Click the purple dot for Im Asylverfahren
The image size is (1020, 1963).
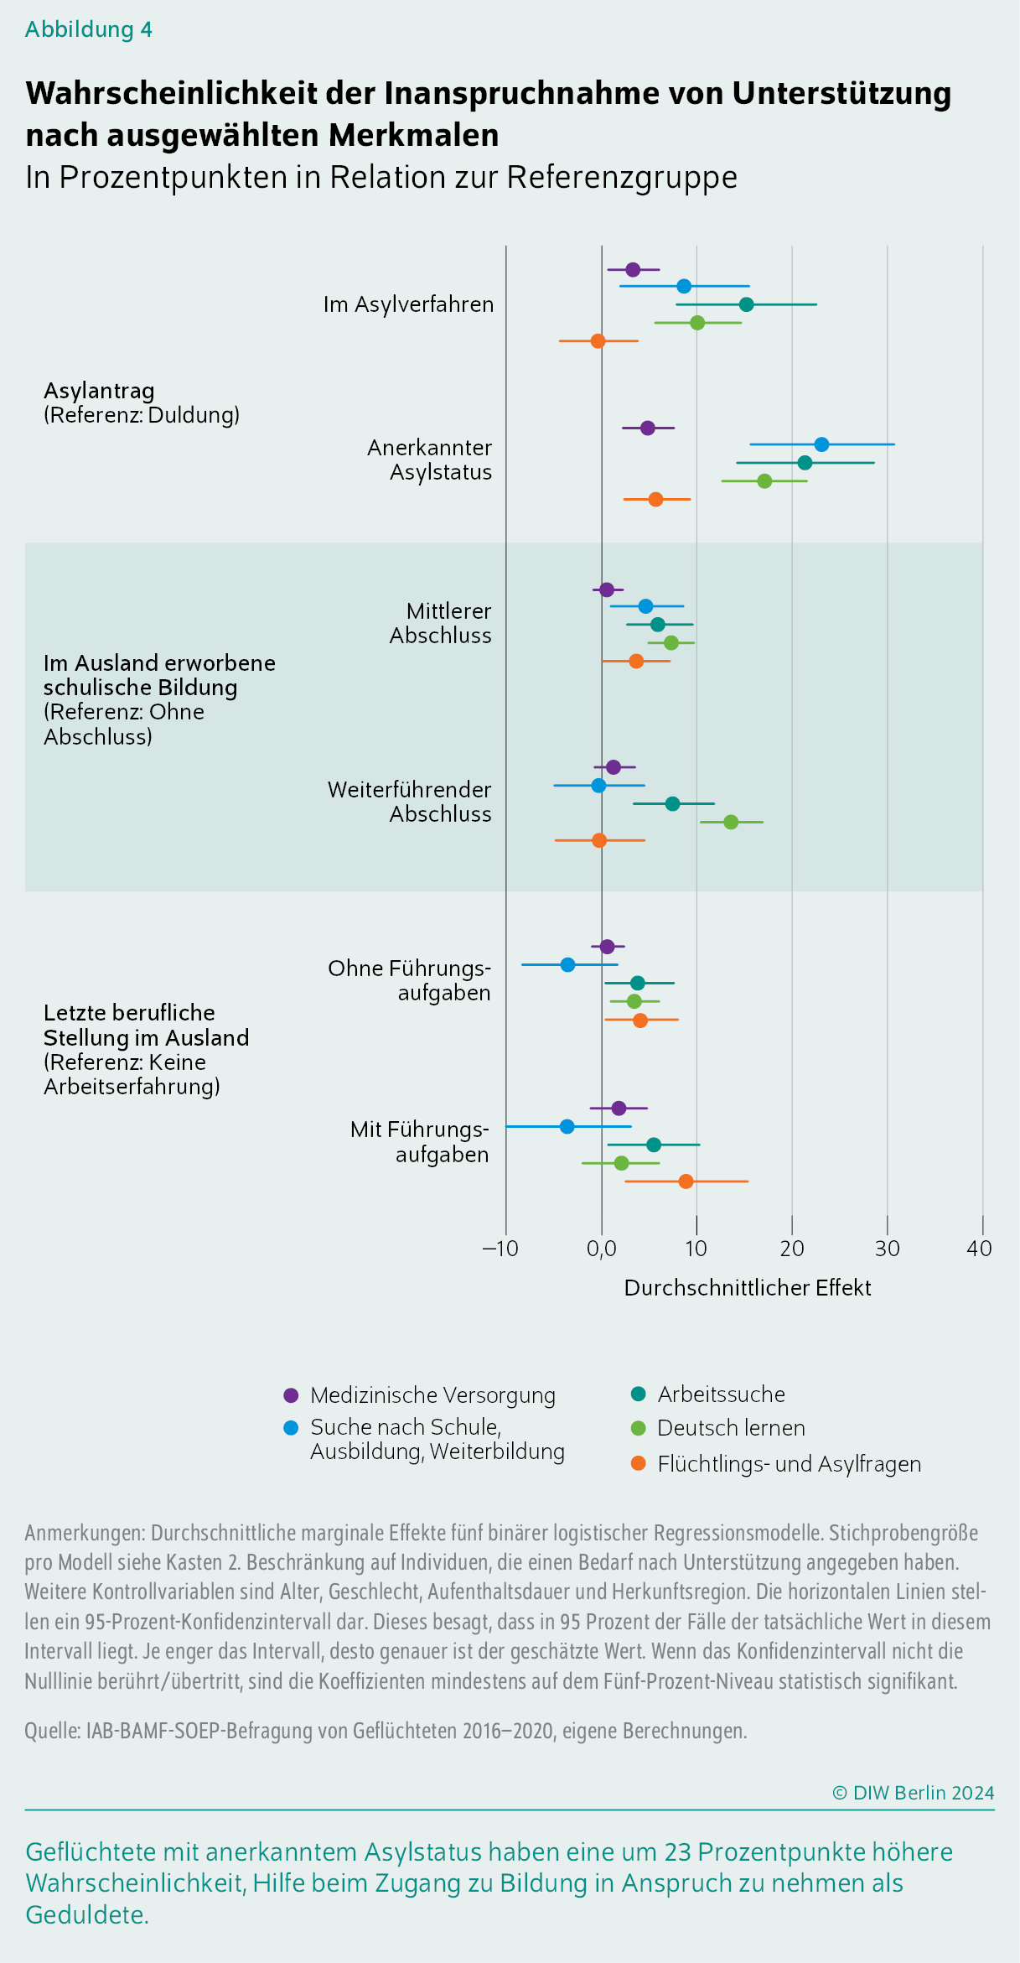pyautogui.click(x=633, y=269)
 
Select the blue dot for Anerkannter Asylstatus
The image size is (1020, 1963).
pyautogui.click(x=821, y=444)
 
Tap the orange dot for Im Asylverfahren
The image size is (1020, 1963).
pyautogui.click(x=598, y=341)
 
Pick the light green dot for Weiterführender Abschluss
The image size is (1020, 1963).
pyautogui.click(x=731, y=822)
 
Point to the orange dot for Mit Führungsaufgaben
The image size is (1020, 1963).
pyautogui.click(x=686, y=1181)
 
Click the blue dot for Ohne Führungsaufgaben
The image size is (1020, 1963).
pyautogui.click(x=567, y=964)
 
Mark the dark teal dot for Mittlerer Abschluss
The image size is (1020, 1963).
pyautogui.click(x=658, y=625)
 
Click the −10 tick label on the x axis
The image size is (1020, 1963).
pyautogui.click(x=500, y=1249)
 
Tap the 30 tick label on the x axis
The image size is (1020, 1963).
pyautogui.click(x=888, y=1249)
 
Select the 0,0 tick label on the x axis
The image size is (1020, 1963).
pyautogui.click(x=602, y=1249)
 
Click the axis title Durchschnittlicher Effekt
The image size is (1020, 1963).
pyautogui.click(x=748, y=1288)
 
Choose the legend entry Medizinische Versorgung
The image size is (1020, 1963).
pyautogui.click(x=432, y=1395)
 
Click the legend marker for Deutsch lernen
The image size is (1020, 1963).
pyautogui.click(x=639, y=1428)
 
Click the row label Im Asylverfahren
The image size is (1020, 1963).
pyautogui.click(x=409, y=304)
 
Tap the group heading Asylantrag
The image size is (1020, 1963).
pyautogui.click(x=99, y=391)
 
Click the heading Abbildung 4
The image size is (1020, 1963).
pyautogui.click(x=89, y=29)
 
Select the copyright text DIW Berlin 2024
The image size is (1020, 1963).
pyautogui.click(x=914, y=1793)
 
